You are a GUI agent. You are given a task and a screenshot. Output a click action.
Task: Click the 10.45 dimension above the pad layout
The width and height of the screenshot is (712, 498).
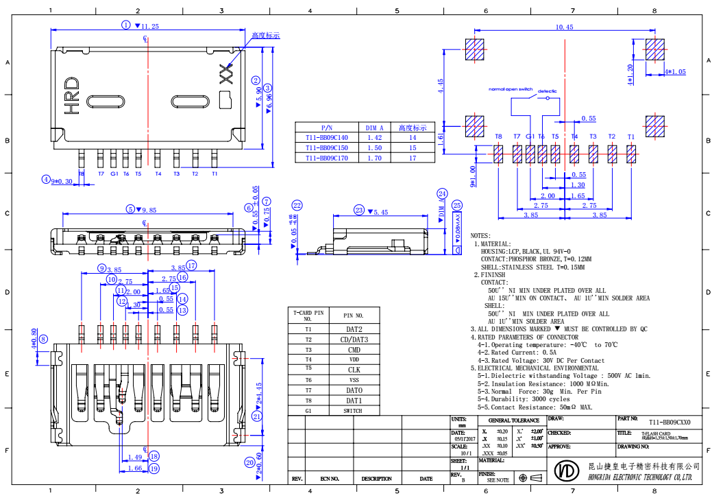pyautogui.click(x=564, y=27)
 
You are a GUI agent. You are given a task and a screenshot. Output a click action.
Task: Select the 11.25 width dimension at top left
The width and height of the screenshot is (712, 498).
pyautogui.click(x=149, y=25)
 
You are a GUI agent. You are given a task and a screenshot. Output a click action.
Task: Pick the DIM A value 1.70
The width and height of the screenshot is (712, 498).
pyautogui.click(x=374, y=158)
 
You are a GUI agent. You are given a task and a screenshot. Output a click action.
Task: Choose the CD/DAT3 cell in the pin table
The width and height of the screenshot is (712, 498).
pyautogui.click(x=354, y=340)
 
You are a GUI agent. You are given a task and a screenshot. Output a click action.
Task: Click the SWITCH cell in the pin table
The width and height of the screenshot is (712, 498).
pyautogui.click(x=354, y=410)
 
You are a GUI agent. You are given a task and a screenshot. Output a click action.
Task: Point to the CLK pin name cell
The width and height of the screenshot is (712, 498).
pyautogui.click(x=354, y=370)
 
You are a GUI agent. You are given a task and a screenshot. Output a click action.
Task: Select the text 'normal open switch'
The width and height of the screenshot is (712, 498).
pyautogui.click(x=511, y=89)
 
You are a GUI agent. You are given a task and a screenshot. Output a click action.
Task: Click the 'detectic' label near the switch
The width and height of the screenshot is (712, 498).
pyautogui.click(x=547, y=91)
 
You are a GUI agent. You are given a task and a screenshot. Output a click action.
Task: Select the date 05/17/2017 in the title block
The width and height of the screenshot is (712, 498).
pyautogui.click(x=464, y=438)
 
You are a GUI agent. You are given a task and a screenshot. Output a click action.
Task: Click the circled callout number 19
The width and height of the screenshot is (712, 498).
pyautogui.click(x=154, y=469)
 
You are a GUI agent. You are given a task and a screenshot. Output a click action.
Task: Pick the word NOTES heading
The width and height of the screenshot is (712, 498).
pyautogui.click(x=480, y=236)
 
